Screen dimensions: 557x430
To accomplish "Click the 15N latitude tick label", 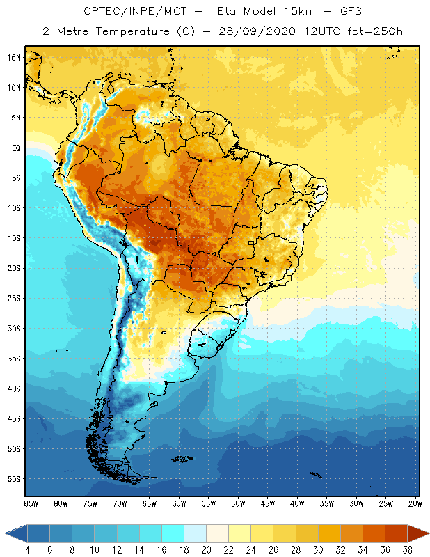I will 14,57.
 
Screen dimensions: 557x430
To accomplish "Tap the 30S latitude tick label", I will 14,328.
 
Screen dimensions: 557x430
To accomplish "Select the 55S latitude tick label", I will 14,479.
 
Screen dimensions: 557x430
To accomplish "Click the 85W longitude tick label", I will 31,503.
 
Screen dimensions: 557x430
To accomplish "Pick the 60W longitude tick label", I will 179,503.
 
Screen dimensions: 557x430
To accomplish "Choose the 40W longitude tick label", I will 298,503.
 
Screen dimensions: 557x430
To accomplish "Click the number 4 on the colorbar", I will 27,550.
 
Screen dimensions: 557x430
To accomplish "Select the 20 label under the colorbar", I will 205,550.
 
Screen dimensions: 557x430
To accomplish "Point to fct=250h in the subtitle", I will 372,31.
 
